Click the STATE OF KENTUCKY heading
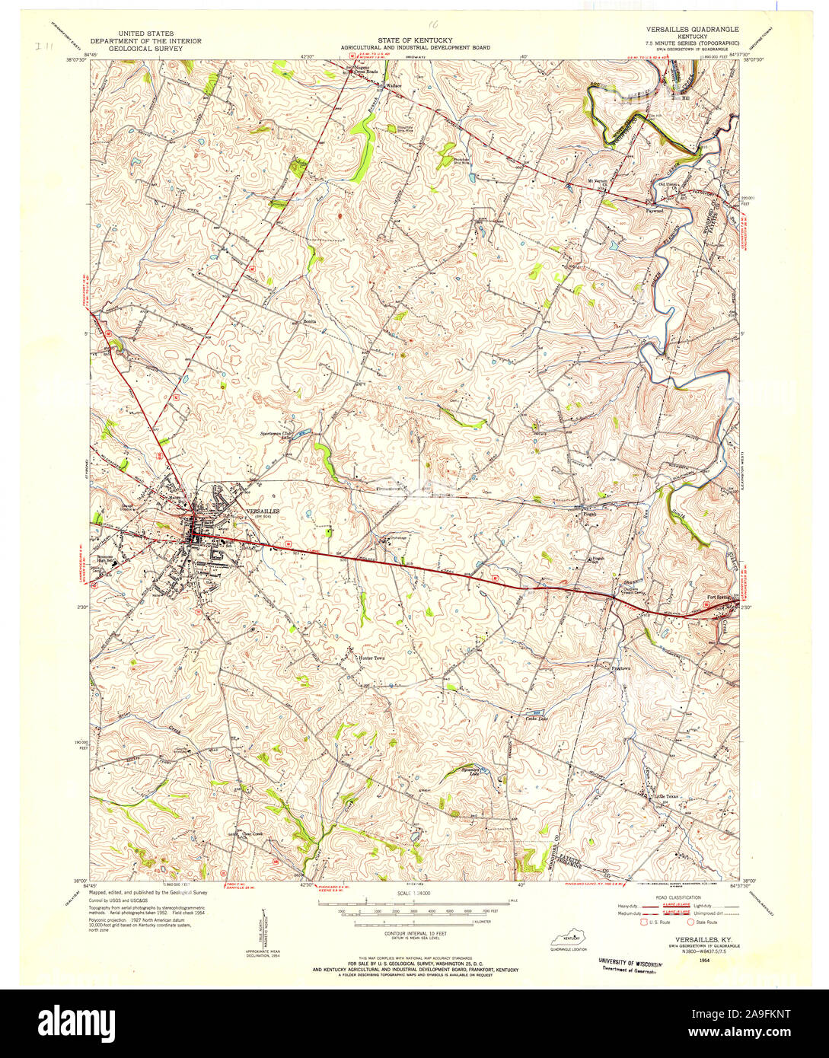pyautogui.click(x=415, y=40)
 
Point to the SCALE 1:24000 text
pyautogui.click(x=414, y=892)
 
